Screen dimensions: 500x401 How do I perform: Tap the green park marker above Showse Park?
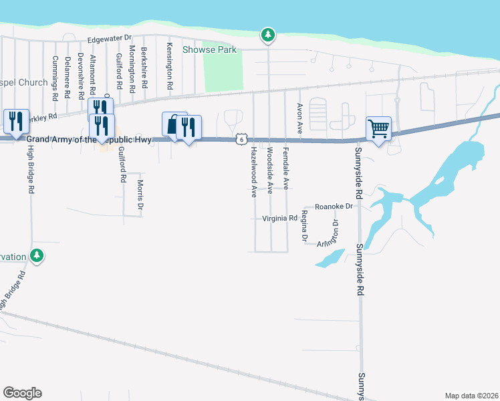tap(268, 35)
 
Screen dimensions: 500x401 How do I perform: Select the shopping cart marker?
tap(378, 128)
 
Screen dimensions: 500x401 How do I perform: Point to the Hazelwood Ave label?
tap(254, 172)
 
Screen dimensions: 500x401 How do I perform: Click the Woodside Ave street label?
tap(270, 171)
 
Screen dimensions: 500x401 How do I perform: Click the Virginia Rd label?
tap(279, 218)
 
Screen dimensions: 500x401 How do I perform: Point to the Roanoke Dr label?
tap(333, 207)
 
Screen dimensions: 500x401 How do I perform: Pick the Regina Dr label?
tap(304, 225)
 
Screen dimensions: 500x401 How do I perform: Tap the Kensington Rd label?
tap(170, 68)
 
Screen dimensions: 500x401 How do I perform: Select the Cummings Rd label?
tap(55, 78)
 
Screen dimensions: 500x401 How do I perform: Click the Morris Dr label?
tap(140, 194)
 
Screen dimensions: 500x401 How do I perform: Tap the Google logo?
tap(22, 393)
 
